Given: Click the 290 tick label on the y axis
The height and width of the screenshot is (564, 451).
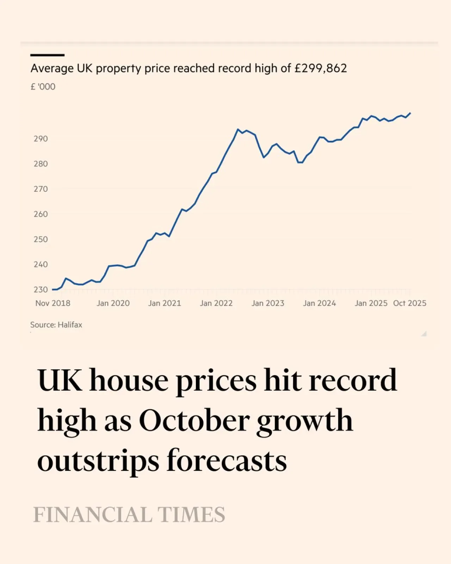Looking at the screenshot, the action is pos(41,139).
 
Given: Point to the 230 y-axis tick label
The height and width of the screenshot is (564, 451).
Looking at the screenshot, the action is pos(41,290).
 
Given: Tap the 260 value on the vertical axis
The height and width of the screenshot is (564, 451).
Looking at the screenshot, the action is pos(41,214).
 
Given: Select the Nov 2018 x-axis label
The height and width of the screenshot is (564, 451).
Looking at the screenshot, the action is pos(52,303).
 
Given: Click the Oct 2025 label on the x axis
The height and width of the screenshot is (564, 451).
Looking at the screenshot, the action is pos(409,303).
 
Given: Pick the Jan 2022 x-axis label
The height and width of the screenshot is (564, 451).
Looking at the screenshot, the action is pos(216,303).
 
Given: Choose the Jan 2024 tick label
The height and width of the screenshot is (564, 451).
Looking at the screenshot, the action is pos(320,303).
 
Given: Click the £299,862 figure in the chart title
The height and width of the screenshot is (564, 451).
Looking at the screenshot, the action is pos(321,68).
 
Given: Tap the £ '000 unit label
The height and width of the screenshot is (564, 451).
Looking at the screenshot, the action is pos(43,87).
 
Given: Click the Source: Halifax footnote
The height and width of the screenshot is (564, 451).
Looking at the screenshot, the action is pos(56,325).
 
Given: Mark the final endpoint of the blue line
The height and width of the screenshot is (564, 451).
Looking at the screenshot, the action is pos(410,113).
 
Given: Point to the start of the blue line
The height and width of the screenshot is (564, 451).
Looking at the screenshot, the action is pos(52,290).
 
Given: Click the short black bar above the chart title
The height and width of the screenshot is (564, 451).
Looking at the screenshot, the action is pos(48,55).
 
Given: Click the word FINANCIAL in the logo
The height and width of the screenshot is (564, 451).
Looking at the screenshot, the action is pos(93,514).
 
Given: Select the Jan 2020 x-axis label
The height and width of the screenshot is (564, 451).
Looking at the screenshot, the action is pos(113,303).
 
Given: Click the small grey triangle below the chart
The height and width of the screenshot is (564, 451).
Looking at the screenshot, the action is pos(424,333).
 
